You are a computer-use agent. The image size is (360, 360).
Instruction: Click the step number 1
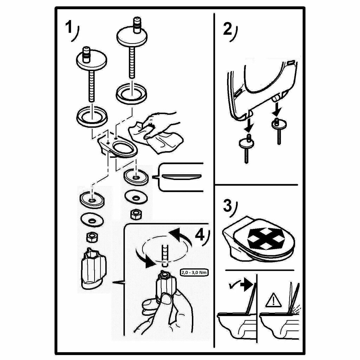[70, 28]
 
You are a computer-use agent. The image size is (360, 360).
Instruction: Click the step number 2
[228, 29]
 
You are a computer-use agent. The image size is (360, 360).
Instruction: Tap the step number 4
[200, 234]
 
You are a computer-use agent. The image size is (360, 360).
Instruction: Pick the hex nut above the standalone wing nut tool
[92, 238]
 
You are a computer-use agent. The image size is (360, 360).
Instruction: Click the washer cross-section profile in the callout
[183, 176]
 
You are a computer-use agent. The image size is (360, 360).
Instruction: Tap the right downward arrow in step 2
[277, 109]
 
